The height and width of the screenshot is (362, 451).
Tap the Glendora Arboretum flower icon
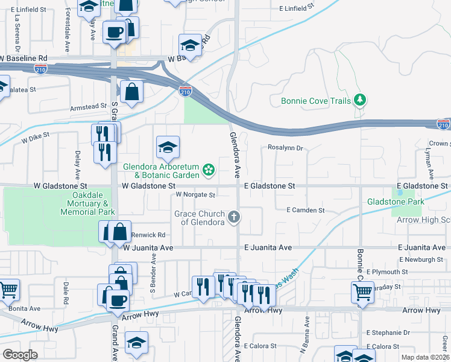pyautogui.click(x=209, y=170)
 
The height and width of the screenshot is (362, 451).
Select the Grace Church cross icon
pyautogui.click(x=234, y=217)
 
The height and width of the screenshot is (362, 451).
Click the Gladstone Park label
pyautogui.click(x=396, y=202)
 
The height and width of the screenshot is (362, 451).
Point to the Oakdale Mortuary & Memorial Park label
pyautogui.click(x=85, y=204)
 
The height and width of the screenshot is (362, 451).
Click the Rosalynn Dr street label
pyautogui.click(x=285, y=148)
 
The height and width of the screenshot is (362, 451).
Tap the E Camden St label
pyautogui.click(x=306, y=211)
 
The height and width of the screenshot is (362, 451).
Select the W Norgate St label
pyautogui.click(x=195, y=195)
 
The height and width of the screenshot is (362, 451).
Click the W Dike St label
pyautogui.click(x=35, y=139)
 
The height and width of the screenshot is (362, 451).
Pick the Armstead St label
pyautogui.click(x=88, y=107)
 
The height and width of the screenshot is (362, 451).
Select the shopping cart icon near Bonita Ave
pyautogui.click(x=8, y=290)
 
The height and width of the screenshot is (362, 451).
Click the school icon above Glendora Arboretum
pyautogui.click(x=168, y=146)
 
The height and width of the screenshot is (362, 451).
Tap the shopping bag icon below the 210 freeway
pyautogui.click(x=131, y=92)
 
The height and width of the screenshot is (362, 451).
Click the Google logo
pyautogui.click(x=20, y=355)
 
